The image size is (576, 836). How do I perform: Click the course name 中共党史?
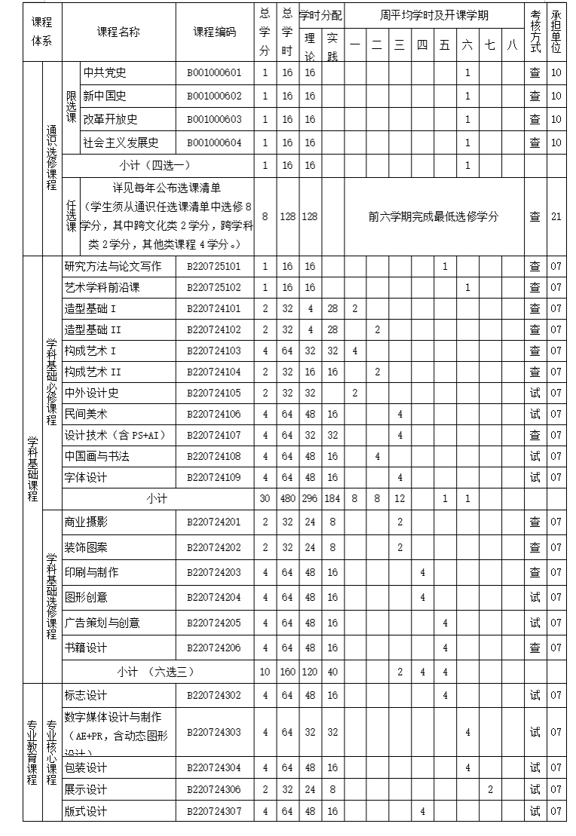(105, 73)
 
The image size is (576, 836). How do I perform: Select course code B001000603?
(214, 120)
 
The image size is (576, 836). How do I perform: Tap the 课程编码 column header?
(214, 32)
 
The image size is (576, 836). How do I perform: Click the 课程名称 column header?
(118, 32)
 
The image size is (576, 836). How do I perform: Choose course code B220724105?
(214, 393)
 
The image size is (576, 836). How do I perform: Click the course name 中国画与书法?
(97, 456)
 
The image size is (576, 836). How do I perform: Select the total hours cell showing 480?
(287, 498)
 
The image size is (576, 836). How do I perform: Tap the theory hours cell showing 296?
(310, 498)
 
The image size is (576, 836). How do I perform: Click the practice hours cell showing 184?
(332, 498)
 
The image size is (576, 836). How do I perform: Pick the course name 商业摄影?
(86, 522)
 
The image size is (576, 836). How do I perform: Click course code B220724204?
(214, 597)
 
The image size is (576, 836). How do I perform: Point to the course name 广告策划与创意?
(102, 623)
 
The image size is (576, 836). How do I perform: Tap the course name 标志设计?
(86, 695)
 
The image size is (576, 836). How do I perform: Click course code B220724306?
(214, 789)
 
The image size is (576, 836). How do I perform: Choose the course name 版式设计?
(86, 812)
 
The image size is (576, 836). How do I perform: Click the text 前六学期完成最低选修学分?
(434, 216)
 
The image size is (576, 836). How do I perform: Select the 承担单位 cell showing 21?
(556, 216)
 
